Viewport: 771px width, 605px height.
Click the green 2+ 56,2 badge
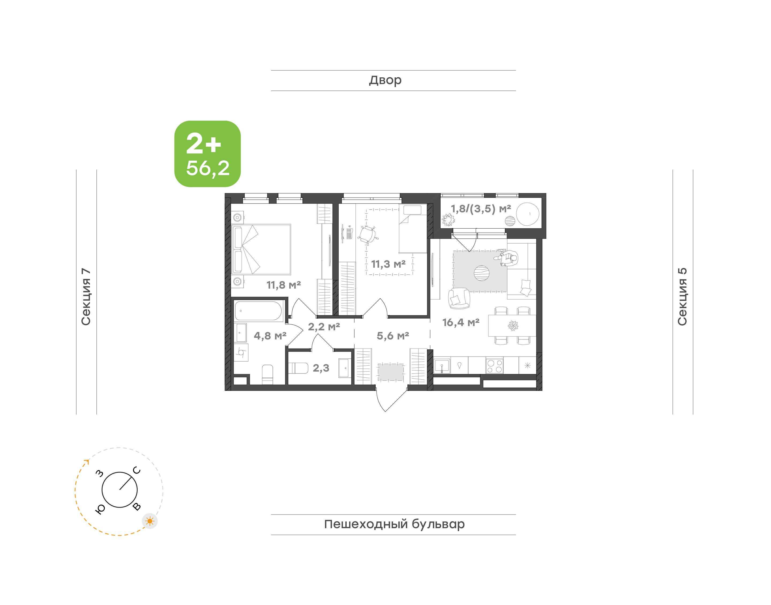coord(207,154)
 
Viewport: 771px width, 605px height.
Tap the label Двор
coord(385,80)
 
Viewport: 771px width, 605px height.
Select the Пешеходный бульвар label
coord(394,524)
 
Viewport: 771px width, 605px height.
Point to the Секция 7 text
coord(86,297)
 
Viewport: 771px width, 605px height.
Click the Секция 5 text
coord(682,297)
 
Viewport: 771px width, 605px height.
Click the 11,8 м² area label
coord(284,285)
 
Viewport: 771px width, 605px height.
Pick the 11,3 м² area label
coord(388,264)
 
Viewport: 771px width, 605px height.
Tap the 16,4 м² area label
coord(461,322)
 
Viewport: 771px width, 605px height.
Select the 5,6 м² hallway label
coord(393,335)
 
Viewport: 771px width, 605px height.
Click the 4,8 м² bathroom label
coord(270,335)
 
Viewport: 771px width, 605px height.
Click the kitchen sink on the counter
coord(442,366)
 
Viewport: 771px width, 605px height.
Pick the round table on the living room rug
coord(482,273)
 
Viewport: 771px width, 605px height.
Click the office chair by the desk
coord(367,235)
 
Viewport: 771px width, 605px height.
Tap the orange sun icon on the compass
coord(150,521)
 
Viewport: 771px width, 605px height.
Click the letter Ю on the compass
coord(100,509)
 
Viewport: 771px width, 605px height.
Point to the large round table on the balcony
coord(528,214)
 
